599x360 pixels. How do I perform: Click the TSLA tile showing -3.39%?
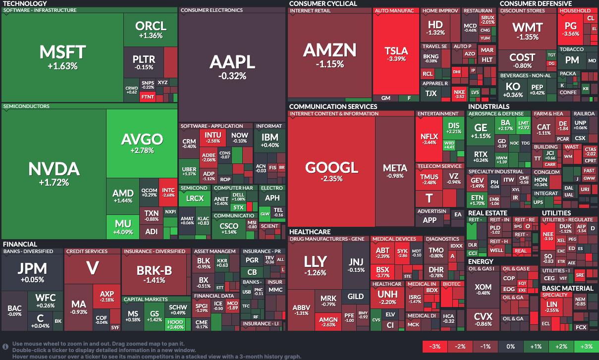click(x=396, y=54)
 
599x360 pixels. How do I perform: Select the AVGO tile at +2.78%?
click(x=142, y=143)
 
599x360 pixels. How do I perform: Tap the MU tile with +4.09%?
click(x=123, y=227)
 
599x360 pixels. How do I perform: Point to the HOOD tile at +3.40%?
click(x=176, y=324)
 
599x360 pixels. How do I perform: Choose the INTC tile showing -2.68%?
click(x=168, y=193)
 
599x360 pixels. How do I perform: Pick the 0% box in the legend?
click(x=510, y=346)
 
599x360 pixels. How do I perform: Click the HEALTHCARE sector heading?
click(x=310, y=232)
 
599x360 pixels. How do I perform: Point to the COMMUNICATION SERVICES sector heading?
click(x=333, y=106)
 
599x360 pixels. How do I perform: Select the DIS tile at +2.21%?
click(x=453, y=128)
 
